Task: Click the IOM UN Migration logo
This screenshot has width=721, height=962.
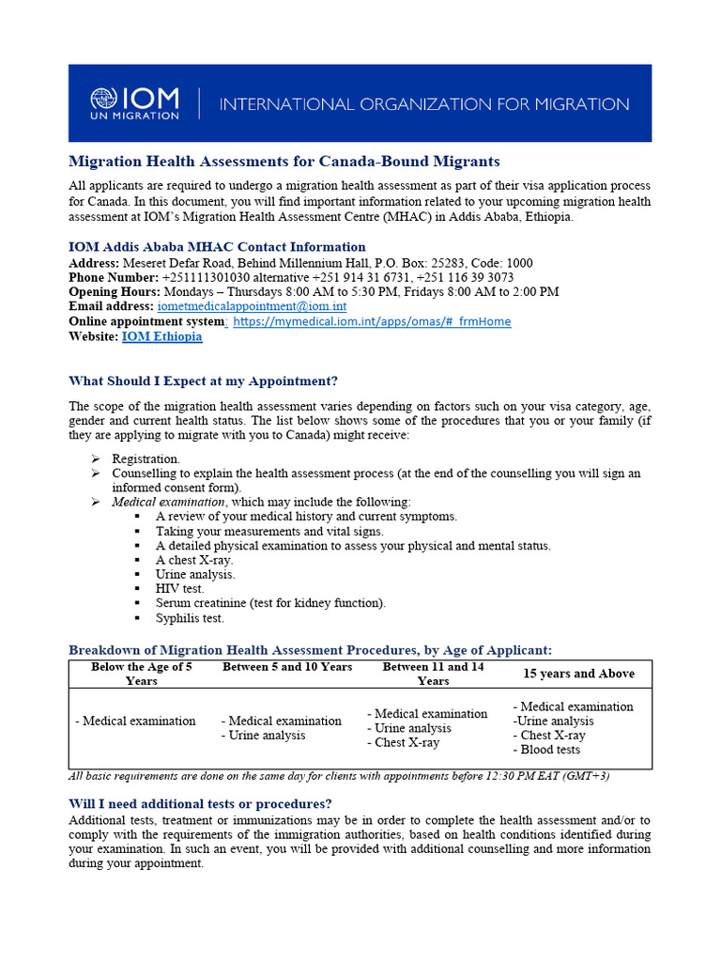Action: [134, 103]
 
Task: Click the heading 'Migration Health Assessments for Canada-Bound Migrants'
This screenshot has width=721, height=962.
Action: [284, 162]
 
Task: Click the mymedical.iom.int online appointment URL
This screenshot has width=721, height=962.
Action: [372, 321]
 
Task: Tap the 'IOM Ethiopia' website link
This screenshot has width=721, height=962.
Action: [161, 336]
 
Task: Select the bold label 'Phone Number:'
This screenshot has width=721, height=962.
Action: [113, 278]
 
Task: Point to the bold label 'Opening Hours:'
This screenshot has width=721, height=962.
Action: [115, 292]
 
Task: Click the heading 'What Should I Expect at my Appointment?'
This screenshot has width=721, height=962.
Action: [203, 380]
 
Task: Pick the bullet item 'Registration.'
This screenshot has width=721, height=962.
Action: [146, 458]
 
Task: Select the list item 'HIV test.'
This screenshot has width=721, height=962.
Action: [179, 588]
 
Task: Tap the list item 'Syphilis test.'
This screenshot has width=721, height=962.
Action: [190, 618]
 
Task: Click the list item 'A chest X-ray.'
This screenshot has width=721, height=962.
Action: [194, 560]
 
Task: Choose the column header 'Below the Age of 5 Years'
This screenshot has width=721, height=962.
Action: [142, 674]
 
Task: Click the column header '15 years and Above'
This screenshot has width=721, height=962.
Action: [578, 674]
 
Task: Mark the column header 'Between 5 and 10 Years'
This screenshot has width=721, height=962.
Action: [287, 667]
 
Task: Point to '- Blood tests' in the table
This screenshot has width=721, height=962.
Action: [546, 750]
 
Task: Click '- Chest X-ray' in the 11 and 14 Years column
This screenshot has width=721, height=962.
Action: [403, 742]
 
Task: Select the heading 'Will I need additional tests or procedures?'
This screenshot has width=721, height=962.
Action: [200, 804]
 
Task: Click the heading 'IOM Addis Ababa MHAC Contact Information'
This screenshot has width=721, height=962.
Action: [217, 247]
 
